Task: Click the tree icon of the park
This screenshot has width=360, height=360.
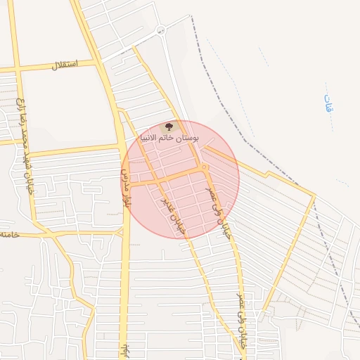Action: tap(167, 127)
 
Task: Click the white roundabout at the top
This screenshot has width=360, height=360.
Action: tap(160, 30)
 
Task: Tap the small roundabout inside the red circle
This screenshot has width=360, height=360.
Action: tap(203, 167)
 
